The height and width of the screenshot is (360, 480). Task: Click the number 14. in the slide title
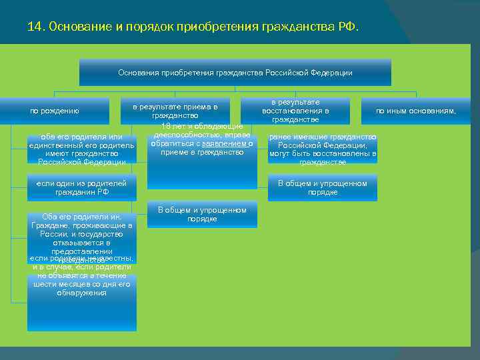click(35, 27)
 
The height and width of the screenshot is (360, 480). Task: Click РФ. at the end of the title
click(349, 27)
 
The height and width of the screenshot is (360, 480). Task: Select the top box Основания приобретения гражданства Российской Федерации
click(235, 73)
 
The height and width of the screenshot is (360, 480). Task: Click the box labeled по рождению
click(55, 111)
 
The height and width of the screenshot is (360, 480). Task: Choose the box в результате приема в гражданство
click(175, 111)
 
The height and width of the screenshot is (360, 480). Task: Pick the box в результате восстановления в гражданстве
click(295, 111)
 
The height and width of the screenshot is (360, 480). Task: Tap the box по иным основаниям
click(416, 111)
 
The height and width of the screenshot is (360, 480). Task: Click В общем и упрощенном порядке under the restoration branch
click(322, 187)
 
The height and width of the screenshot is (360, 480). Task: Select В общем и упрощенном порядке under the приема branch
click(201, 214)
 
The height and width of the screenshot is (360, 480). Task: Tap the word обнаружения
click(81, 292)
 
